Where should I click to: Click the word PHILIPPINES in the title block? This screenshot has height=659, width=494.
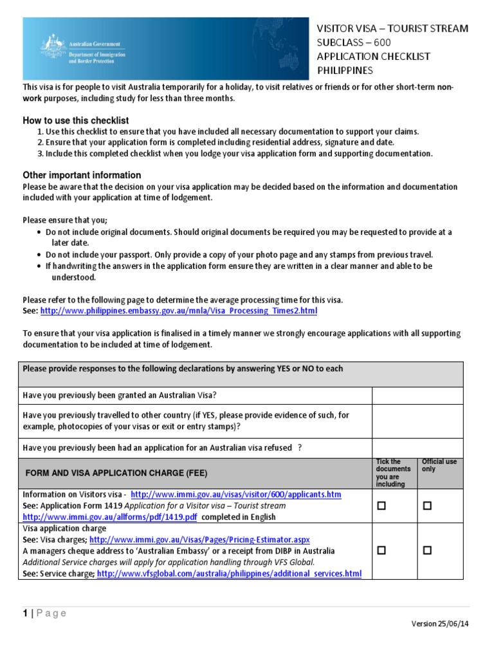[x=344, y=71]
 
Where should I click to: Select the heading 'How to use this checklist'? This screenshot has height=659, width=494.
[x=76, y=120]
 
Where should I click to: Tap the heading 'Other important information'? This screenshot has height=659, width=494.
[x=82, y=175]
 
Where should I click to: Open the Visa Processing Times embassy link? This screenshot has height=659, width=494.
[x=178, y=311]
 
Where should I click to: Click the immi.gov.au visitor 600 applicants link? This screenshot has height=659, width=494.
[x=235, y=495]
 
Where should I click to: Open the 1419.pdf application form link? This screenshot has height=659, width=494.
[x=110, y=517]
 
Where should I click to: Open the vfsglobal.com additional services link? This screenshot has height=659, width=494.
[x=229, y=573]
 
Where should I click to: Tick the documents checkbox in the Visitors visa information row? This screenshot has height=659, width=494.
[x=381, y=506]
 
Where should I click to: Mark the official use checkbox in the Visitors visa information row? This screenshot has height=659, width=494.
[x=426, y=506]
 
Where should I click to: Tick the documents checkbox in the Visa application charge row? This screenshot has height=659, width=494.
[x=381, y=551]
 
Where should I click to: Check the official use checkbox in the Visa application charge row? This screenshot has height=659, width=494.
[x=426, y=551]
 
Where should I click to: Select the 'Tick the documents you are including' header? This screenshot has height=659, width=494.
[x=392, y=473]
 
